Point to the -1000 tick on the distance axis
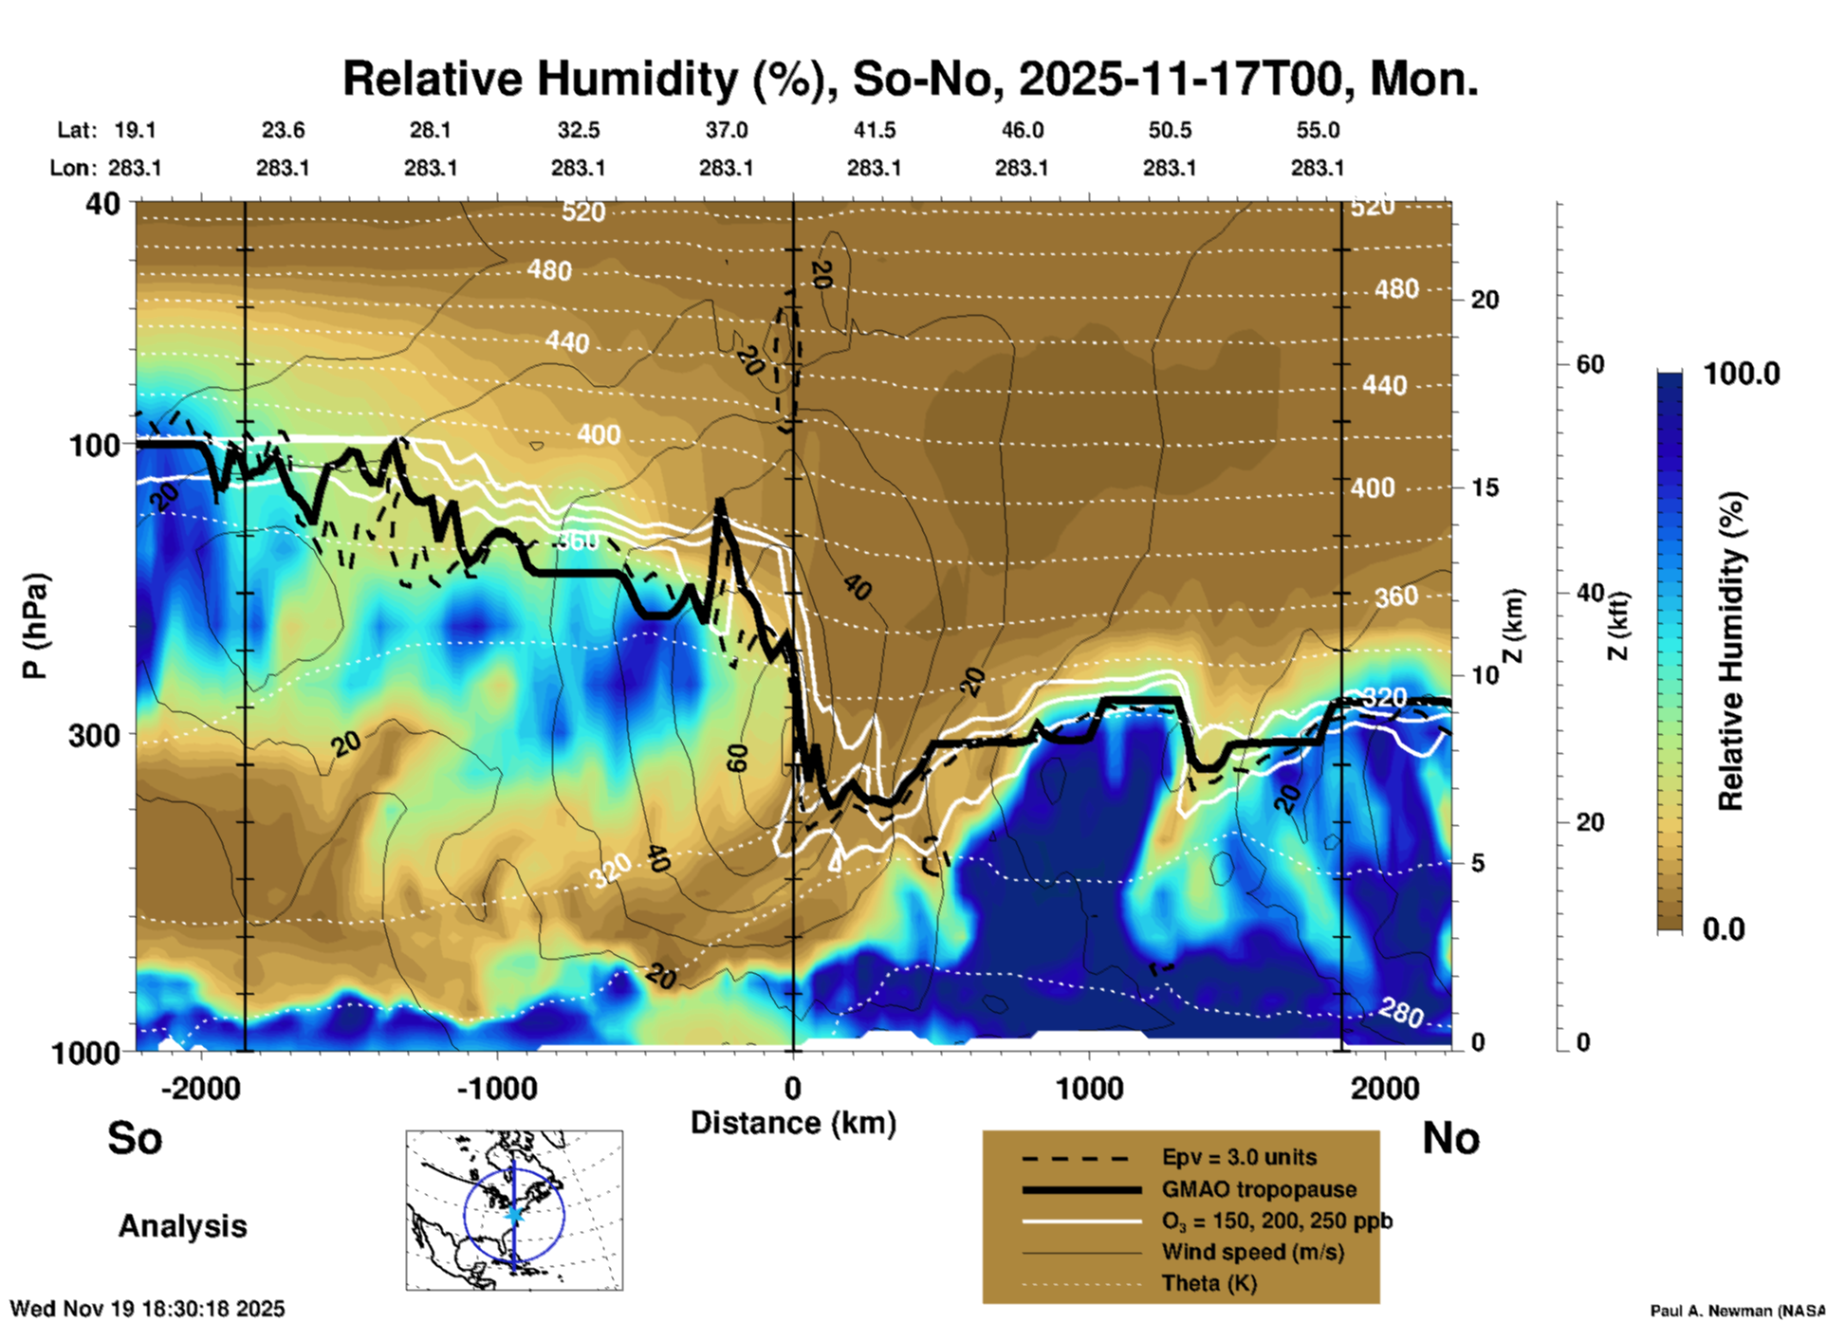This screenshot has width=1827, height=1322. point(497,1088)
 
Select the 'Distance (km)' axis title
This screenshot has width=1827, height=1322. point(793,1123)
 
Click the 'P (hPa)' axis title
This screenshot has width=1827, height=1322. point(35,626)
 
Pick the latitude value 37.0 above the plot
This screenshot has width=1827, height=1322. point(726,130)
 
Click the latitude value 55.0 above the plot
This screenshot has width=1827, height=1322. point(1318,130)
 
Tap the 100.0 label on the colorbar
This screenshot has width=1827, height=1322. point(1742,374)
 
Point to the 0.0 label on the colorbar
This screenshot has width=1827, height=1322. point(1724,928)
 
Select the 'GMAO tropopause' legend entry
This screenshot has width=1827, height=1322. point(1259,1189)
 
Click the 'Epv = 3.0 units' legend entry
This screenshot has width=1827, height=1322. point(1239,1157)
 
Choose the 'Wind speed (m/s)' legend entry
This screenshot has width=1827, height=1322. point(1252,1252)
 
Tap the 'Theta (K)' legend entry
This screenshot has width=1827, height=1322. point(1209,1283)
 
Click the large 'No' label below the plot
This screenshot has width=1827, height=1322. point(1450,1138)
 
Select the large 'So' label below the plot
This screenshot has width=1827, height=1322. point(135,1138)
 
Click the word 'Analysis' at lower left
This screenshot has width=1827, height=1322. point(182,1225)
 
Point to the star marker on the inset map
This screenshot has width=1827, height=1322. point(514,1214)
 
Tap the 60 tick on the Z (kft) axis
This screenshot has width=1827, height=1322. point(1591,364)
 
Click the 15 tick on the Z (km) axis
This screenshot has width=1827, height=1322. point(1485,487)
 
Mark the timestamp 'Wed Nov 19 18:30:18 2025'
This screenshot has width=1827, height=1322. point(147,1309)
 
